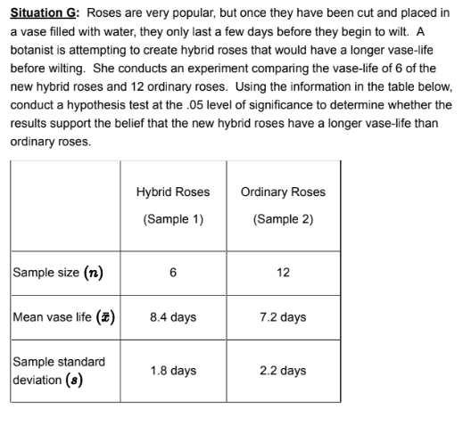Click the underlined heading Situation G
coord(45,13)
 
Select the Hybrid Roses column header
coord(173,192)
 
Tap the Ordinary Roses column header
coord(283,192)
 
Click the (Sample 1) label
coord(173,219)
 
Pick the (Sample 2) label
coord(283,219)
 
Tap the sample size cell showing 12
coord(283,273)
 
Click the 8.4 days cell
coord(173,317)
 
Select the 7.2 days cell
coord(283,317)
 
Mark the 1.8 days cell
coord(173,370)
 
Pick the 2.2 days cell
coord(283,370)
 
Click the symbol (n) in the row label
coord(93,273)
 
